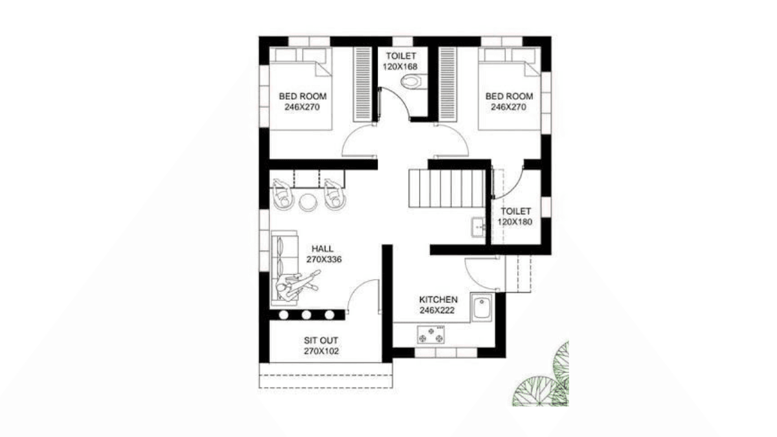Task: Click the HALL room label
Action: point(323,248)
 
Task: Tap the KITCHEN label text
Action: point(438,300)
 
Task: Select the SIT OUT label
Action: point(321,340)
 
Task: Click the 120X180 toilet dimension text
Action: point(515,221)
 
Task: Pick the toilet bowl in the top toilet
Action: point(411,82)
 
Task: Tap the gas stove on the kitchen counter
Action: point(431,336)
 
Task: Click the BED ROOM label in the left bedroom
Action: point(302,96)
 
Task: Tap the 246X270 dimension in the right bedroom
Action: point(510,107)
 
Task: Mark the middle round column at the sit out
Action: point(306,315)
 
